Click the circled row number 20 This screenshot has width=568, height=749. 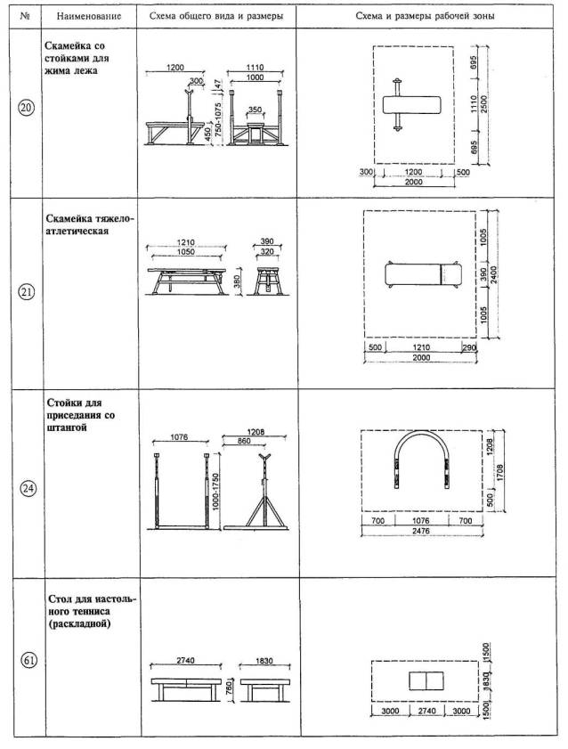tap(26, 108)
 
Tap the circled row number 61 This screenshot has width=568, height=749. tap(28, 661)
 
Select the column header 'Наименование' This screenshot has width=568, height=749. tap(89, 16)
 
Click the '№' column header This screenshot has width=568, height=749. tap(25, 15)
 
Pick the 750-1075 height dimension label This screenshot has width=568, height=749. tap(218, 120)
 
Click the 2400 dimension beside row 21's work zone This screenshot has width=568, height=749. tap(493, 274)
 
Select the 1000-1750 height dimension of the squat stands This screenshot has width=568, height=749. tap(215, 491)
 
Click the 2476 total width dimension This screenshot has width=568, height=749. tap(420, 531)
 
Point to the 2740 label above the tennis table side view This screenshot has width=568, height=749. tap(185, 660)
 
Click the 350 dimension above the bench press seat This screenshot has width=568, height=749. tap(255, 110)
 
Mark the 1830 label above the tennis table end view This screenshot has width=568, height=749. tap(264, 661)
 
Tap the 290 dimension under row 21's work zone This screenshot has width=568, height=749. tap(468, 347)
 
